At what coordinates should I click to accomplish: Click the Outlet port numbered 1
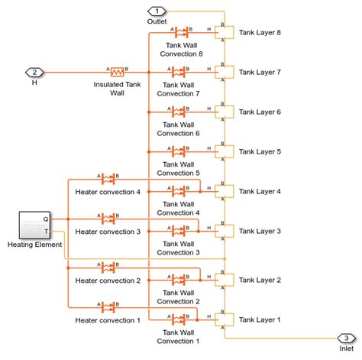(157, 11)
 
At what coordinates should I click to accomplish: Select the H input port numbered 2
(34, 72)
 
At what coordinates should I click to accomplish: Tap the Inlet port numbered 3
(346, 338)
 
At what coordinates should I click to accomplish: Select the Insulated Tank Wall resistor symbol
(117, 72)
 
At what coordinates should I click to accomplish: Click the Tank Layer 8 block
(224, 32)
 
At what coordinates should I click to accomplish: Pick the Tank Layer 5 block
(224, 151)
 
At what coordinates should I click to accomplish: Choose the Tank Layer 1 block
(224, 319)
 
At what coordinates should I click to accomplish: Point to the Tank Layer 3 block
(224, 231)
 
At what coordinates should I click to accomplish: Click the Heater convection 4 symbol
(108, 180)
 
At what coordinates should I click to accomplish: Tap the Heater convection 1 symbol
(108, 307)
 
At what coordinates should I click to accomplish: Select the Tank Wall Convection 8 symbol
(181, 32)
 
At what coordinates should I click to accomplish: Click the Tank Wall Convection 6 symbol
(181, 112)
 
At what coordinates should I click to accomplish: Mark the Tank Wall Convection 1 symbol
(181, 319)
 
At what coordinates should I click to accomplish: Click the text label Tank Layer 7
(260, 72)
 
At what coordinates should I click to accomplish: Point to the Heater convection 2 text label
(108, 281)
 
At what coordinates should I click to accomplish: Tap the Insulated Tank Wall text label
(117, 89)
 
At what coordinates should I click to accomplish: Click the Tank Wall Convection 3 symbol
(181, 231)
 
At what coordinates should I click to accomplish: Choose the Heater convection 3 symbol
(108, 219)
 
